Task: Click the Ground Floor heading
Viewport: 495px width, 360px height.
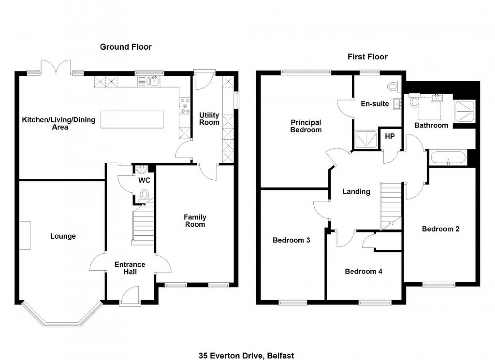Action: point(126,47)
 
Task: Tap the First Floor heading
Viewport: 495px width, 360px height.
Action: point(367,57)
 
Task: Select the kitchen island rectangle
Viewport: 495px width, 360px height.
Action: point(132,119)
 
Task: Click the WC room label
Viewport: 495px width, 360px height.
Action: point(144,180)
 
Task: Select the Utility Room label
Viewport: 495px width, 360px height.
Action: point(209,118)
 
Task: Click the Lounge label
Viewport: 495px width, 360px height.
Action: point(63,236)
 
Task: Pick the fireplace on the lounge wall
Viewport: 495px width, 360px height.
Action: point(24,235)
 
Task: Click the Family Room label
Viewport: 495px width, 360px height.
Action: point(195,221)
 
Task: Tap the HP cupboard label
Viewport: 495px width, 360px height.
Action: point(390,136)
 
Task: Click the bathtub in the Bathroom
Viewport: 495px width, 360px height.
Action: point(448,157)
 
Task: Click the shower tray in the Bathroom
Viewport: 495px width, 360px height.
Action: point(464,112)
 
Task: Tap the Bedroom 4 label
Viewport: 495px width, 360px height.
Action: point(364,271)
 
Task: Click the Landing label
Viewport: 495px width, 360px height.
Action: point(356,191)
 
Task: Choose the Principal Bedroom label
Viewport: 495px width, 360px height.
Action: point(306,126)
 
